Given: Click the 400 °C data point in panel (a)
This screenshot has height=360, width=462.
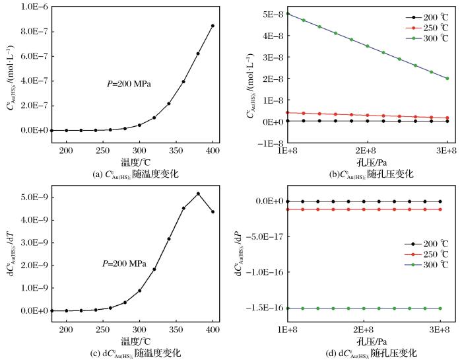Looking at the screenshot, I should click(x=213, y=26).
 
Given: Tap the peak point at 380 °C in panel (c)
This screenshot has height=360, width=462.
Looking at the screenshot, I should click(x=198, y=194).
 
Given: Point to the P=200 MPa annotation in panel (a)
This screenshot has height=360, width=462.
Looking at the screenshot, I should click(x=131, y=84).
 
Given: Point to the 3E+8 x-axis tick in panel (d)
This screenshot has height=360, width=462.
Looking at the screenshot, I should click(x=440, y=330).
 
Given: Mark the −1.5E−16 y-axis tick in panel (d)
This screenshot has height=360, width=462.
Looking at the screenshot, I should click(x=265, y=308).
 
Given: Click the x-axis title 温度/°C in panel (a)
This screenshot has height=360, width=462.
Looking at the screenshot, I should click(x=132, y=162).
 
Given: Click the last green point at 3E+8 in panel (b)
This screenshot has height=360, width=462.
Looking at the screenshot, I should click(x=447, y=78).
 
